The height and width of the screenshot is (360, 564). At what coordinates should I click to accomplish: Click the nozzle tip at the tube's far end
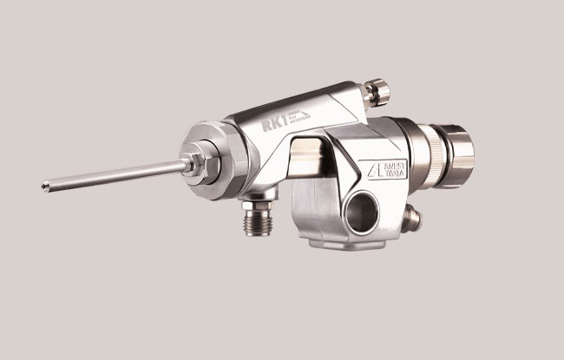(44, 184)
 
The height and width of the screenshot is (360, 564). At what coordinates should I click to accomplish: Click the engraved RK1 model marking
(273, 125)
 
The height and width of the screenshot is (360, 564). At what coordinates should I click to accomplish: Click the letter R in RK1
(265, 127)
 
